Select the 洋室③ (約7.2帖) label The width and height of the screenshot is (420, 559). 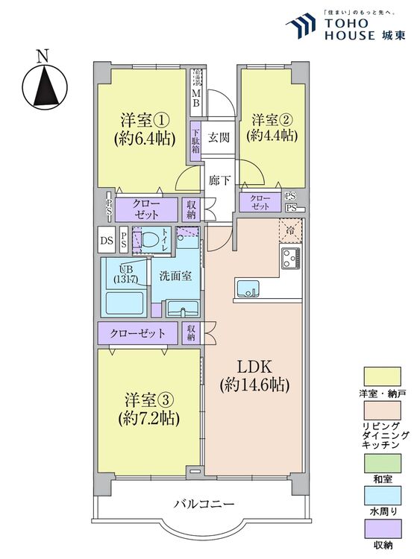[x=149, y=407]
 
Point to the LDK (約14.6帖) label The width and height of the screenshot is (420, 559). [x=254, y=376]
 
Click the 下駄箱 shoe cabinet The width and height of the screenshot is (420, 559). [x=195, y=142]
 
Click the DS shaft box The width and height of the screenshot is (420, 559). [x=107, y=241]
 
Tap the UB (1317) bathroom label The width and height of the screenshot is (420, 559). [x=125, y=274]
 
